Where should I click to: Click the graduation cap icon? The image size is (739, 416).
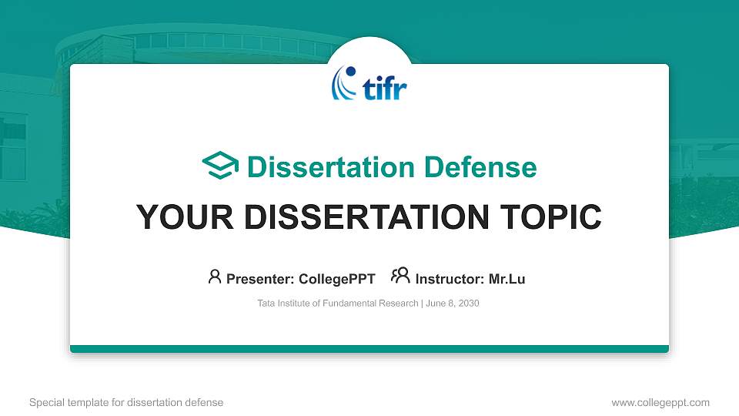(220, 166)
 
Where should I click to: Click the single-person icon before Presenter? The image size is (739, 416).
(215, 277)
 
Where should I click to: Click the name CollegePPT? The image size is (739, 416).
(336, 279)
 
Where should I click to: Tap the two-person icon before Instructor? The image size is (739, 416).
(400, 277)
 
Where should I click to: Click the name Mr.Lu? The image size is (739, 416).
(507, 279)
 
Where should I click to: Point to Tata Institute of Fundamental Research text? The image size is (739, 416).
(338, 304)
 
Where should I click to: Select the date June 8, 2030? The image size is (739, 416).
(452, 304)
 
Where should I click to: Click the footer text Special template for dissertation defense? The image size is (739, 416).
(126, 402)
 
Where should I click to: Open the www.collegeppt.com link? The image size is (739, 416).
(660, 402)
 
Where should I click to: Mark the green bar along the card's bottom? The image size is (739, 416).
(369, 349)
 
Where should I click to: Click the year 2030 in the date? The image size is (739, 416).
(468, 304)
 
